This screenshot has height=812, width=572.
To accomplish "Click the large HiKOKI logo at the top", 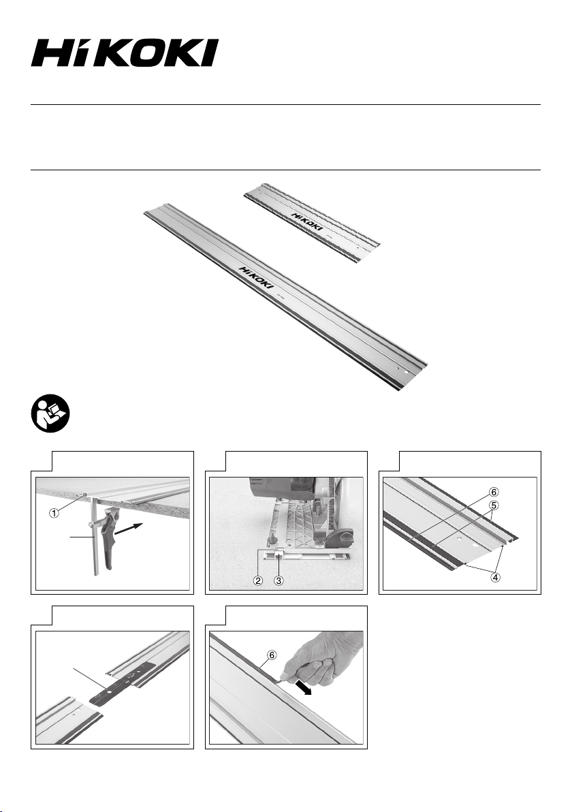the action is pos(125,53).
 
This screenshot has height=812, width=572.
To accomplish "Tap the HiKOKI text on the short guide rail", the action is pos(306,221).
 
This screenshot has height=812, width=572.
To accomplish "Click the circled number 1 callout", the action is pos(54,513).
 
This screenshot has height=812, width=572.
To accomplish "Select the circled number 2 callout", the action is pos(258,580).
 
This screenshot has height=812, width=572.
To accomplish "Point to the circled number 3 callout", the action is pos(279,580).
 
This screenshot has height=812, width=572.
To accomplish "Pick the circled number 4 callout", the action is pos(496,577).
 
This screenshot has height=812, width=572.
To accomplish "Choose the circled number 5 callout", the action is pos(495,505).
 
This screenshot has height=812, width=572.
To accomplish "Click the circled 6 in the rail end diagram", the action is pos(495,491).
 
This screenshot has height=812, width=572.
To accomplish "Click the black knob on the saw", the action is pos(339,539).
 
